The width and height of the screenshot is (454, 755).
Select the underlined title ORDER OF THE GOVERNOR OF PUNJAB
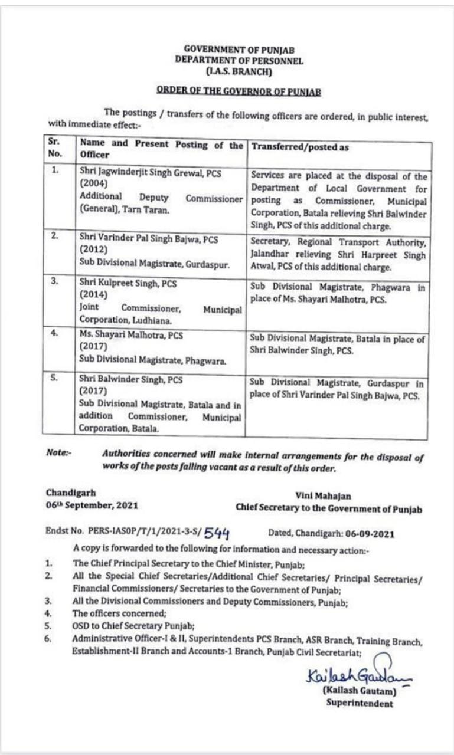(x=239, y=91)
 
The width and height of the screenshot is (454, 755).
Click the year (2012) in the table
(x=92, y=250)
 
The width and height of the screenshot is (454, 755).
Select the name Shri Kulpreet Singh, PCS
(x=128, y=283)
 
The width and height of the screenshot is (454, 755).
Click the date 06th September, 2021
(x=93, y=505)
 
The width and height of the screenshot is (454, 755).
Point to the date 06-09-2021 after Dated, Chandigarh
(x=361, y=534)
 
